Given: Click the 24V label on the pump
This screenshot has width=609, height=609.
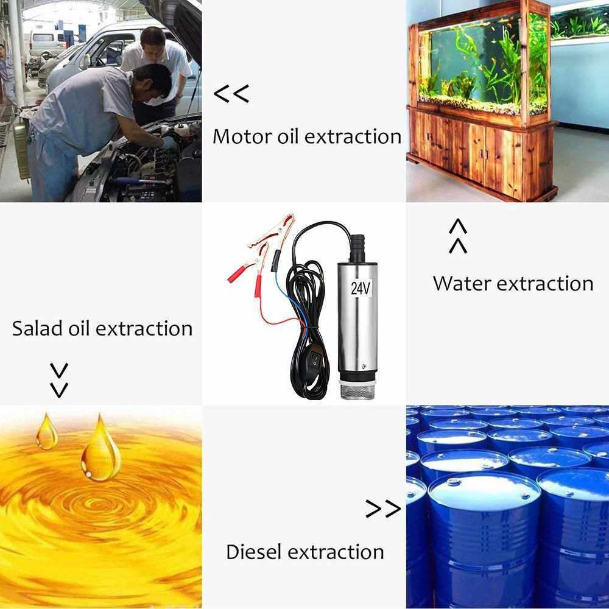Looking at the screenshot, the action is [361, 288].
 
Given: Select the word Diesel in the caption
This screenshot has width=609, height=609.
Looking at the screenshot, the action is [253, 552].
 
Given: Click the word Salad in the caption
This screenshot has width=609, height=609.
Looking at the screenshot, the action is [37, 328].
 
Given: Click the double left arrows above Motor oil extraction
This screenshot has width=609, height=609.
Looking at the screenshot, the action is [231, 94].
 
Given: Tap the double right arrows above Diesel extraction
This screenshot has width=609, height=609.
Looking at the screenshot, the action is [383, 509].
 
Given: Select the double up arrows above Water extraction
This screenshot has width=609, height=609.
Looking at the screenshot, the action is [458, 236].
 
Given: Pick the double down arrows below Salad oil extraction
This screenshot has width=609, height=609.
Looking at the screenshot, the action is [59, 380].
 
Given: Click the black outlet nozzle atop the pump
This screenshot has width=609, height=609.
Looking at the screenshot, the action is [357, 248].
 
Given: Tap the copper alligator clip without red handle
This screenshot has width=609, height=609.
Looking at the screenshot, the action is [272, 231].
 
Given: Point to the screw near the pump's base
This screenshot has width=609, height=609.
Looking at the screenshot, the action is [363, 365].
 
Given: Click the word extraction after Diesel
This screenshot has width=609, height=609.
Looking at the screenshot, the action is [336, 552].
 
